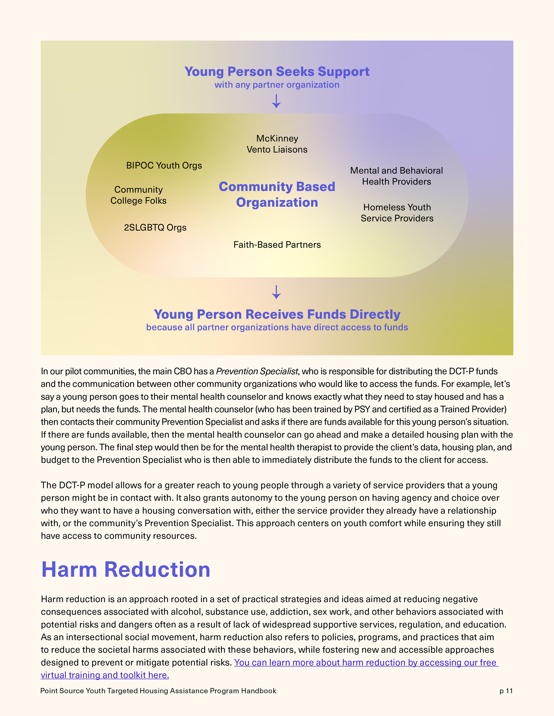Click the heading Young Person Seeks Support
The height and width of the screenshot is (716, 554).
pos(277,71)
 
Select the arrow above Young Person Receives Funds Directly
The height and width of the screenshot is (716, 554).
pos(276,292)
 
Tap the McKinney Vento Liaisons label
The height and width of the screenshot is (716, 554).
pos(277,144)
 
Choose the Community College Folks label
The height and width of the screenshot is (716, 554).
pos(138,195)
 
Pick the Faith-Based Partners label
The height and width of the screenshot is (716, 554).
pos(277,245)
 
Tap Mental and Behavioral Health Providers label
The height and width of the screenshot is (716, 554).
pos(396,176)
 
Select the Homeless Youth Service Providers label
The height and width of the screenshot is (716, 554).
pos(397,213)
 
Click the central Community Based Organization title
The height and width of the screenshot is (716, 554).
pos(277,194)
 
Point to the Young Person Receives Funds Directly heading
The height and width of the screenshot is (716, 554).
pos(277,314)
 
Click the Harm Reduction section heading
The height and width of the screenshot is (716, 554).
pos(126,569)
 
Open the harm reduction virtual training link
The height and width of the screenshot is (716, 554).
pos(366,663)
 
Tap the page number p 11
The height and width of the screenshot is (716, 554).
pos(506,691)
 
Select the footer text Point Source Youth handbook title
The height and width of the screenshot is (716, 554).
pos(158,691)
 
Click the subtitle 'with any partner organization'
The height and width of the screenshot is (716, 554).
pos(277,85)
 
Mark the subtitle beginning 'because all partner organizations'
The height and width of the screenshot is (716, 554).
pos(277,328)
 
